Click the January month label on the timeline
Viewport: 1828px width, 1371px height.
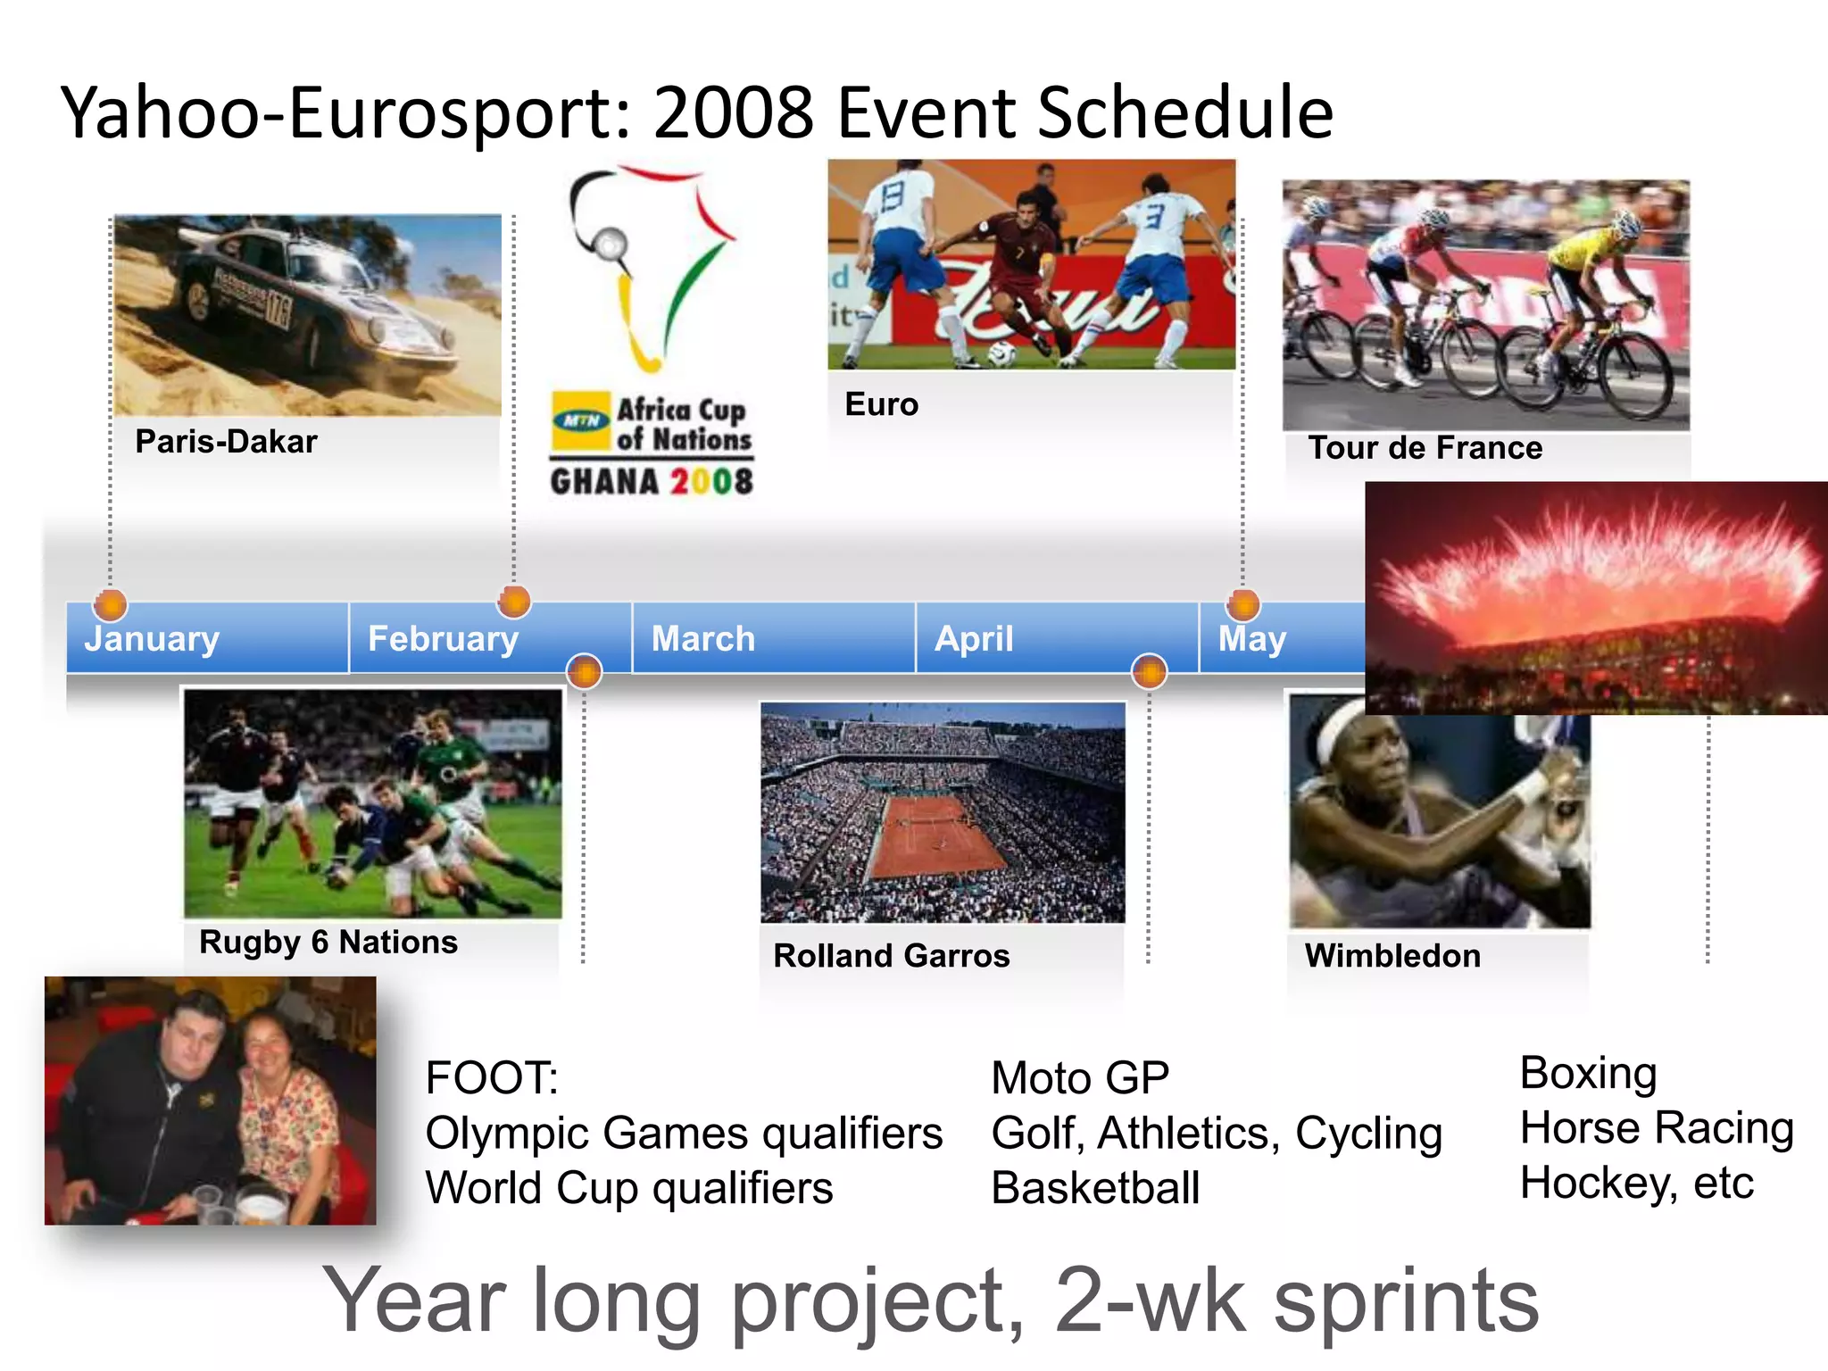(152, 639)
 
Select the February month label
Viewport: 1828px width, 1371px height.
(443, 639)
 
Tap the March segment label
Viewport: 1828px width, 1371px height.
(703, 639)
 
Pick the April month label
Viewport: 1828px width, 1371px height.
(974, 639)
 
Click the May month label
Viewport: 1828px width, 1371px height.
(1252, 639)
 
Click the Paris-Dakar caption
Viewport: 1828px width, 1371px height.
(226, 442)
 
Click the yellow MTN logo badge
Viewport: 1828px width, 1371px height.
(581, 420)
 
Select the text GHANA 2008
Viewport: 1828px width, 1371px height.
(652, 482)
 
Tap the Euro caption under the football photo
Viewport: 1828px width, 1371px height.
(881, 404)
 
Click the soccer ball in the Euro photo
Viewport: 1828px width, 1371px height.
(1001, 354)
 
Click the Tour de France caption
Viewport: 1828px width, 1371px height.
(1425, 447)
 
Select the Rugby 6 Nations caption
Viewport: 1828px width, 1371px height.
(328, 943)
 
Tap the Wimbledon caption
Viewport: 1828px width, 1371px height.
(1392, 956)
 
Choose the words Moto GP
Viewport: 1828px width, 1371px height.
(1080, 1078)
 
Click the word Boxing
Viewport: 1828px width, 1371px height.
(1588, 1073)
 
